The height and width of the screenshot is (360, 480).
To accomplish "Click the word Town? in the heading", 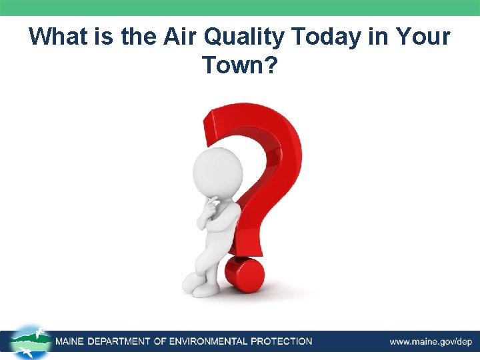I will [x=239, y=65].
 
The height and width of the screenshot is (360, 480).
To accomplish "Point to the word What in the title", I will [x=59, y=36].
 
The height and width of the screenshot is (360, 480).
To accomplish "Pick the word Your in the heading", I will [x=425, y=36].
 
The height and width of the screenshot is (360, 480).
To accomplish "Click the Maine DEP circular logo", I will [x=30, y=341].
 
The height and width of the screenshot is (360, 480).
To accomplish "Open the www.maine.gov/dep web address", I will [x=431, y=341].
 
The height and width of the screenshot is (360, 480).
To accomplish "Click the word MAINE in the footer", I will [x=73, y=341].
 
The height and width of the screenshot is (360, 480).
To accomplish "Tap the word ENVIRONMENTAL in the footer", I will [x=208, y=341].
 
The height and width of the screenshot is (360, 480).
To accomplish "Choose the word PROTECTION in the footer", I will [x=281, y=341].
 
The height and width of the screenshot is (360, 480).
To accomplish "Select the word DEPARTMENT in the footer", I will [x=124, y=341].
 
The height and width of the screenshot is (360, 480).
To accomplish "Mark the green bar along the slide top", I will [x=240, y=7].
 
